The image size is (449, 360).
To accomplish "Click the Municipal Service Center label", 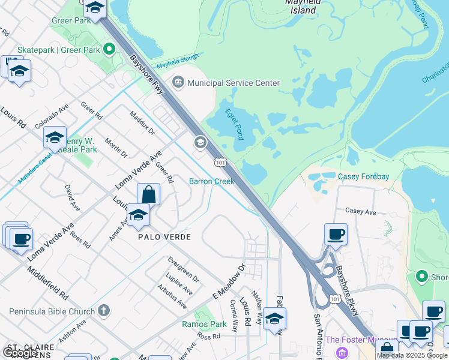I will click(x=234, y=83).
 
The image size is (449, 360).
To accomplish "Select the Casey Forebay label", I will click(x=364, y=176).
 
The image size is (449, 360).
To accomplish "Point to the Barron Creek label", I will click(x=211, y=181).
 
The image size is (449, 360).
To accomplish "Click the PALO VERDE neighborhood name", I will click(x=164, y=237).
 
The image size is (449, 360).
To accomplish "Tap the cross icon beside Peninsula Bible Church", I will click(x=104, y=311).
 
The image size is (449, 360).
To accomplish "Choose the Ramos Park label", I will click(x=203, y=324).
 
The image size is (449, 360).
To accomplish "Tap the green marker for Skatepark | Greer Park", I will click(x=109, y=49).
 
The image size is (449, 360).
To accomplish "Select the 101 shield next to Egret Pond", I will click(x=220, y=162).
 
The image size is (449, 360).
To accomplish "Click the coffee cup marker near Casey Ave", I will click(x=336, y=233).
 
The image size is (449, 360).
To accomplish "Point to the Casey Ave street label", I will click(x=360, y=212).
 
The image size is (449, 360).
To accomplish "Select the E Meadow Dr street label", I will click(x=229, y=282).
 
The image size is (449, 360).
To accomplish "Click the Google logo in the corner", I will click(x=20, y=353).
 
